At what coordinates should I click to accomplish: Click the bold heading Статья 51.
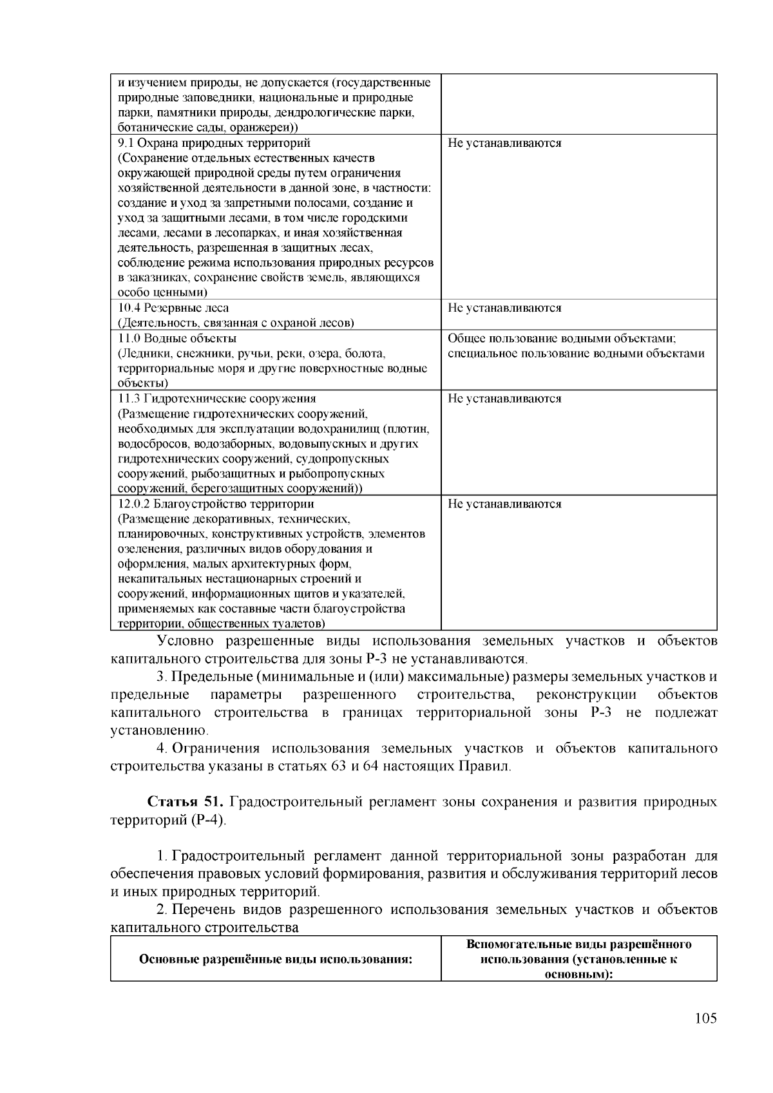pyautogui.click(x=186, y=802)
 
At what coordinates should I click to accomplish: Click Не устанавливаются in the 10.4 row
pyautogui.click(x=504, y=308)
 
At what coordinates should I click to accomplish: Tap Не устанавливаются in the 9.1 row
pyautogui.click(x=504, y=143)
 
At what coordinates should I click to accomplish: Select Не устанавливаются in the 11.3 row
pyautogui.click(x=504, y=399)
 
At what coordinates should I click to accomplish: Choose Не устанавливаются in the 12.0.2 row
pyautogui.click(x=504, y=504)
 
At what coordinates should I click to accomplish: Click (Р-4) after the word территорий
pyautogui.click(x=209, y=821)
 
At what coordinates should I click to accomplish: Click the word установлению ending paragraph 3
pyautogui.click(x=159, y=731)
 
